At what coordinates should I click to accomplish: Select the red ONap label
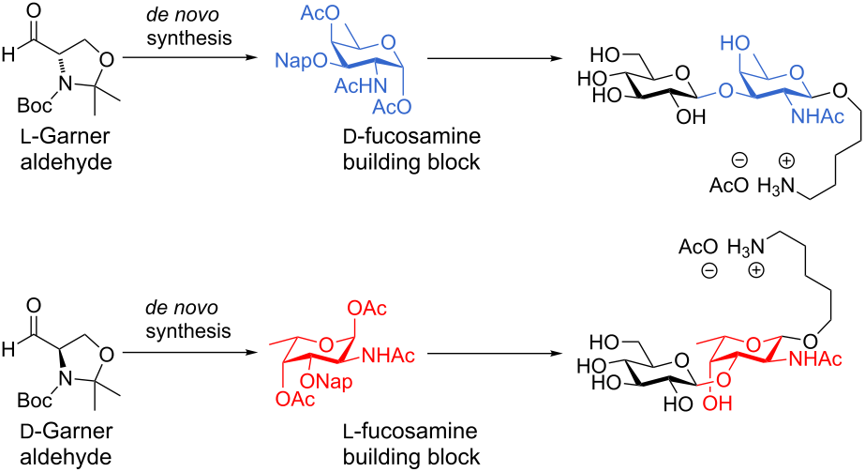coord(326,380)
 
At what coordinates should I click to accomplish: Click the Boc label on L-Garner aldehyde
coord(35,105)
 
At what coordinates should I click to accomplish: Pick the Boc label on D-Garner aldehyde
coord(35,400)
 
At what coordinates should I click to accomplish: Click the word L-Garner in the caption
coord(66,136)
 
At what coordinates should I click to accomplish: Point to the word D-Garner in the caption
coord(66,431)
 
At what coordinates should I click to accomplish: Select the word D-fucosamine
coord(411,136)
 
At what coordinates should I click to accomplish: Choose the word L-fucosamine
coord(410,431)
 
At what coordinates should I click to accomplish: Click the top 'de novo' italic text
coord(183,15)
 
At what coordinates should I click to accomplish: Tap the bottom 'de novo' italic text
coord(183,308)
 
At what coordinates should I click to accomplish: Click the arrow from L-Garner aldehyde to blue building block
coord(189,57)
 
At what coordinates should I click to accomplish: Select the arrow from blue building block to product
coord(494,57)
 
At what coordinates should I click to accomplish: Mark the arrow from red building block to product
coord(494,352)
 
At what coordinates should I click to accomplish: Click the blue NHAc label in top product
coord(817,116)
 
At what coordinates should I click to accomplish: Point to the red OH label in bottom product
coord(718,403)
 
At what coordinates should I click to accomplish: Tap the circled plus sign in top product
coord(786,160)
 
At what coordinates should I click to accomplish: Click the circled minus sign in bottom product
coord(708,270)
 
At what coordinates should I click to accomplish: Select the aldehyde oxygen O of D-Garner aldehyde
coord(34,306)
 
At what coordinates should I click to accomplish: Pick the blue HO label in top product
coord(735,43)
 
